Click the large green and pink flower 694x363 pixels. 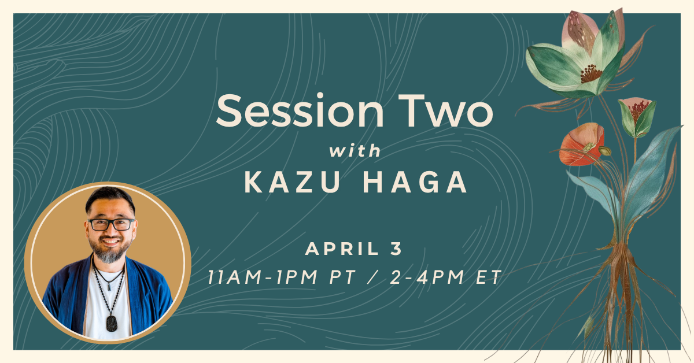point(578,58)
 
